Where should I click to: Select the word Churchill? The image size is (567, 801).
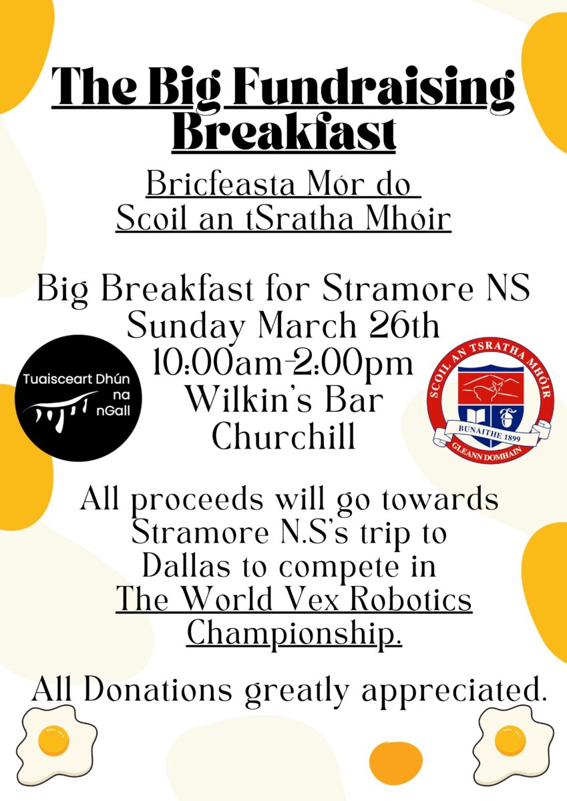pos(283,436)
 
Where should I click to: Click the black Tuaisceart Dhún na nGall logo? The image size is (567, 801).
pos(78,398)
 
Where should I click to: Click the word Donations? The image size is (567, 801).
pos(158,686)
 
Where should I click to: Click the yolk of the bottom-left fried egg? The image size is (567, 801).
pos(53,740)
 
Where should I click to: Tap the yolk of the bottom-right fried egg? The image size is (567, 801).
pos(510,739)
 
